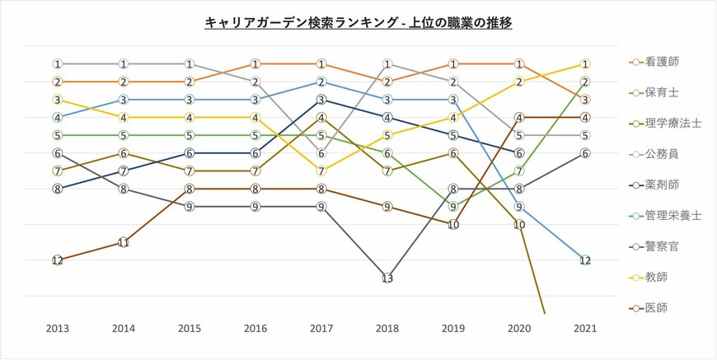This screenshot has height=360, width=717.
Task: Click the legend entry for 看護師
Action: point(663,62)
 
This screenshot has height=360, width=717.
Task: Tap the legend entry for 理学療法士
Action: point(668,123)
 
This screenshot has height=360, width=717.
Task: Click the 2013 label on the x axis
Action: point(57,329)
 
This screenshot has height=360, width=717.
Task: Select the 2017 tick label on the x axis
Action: point(321,329)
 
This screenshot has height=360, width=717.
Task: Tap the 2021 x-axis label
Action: point(584,329)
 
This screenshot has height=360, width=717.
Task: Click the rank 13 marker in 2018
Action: point(387,278)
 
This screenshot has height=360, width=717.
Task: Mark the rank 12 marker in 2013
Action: point(57,260)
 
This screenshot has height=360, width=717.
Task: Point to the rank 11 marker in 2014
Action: point(123,242)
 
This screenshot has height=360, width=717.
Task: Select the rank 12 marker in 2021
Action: point(584,260)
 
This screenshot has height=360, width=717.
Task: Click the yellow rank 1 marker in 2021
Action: point(584,63)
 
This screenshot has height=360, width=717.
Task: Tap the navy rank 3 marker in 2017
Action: point(321,100)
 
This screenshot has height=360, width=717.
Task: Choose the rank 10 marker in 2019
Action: point(452,224)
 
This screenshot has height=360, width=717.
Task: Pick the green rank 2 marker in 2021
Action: point(584,82)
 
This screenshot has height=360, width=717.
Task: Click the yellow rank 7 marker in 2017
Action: point(321,171)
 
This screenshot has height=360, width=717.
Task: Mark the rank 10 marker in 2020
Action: point(518,224)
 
